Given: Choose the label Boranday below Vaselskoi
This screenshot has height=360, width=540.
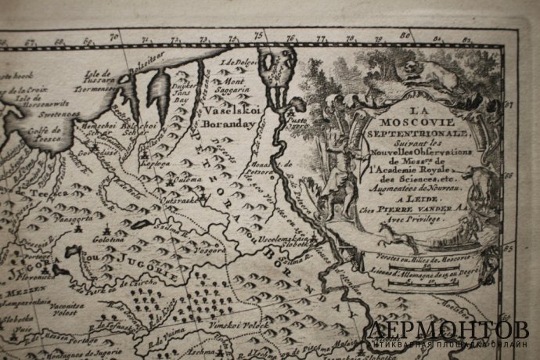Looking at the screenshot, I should coord(229,122).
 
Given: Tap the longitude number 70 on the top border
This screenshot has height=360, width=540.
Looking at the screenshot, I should coord(113,35).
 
